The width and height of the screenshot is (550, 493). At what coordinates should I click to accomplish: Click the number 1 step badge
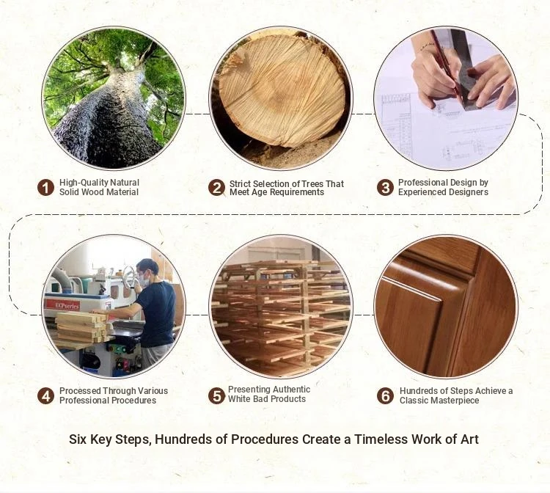coord(45,187)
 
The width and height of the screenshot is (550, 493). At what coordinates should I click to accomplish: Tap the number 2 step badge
coord(216,187)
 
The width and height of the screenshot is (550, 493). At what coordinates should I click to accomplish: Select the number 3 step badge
coord(385,187)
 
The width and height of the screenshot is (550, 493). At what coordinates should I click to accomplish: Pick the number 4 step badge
coord(45,396)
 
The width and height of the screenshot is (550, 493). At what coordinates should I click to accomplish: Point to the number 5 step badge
coord(216,396)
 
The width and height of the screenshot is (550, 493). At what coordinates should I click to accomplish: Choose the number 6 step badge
coord(385,396)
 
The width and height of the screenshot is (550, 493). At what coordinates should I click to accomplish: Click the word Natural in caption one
coord(125,183)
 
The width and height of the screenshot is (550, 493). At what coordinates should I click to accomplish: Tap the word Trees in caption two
coord(312,184)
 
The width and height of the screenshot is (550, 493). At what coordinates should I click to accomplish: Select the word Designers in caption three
coord(466,192)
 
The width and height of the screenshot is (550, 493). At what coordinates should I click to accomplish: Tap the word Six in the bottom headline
coord(78,439)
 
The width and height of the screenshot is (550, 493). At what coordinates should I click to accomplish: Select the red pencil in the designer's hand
coord(445,63)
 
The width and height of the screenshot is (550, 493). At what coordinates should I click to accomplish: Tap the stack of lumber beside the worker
coord(81,327)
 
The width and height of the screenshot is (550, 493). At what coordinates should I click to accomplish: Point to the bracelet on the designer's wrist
coord(425,45)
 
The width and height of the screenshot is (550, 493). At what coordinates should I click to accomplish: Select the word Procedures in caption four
coord(136,401)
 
